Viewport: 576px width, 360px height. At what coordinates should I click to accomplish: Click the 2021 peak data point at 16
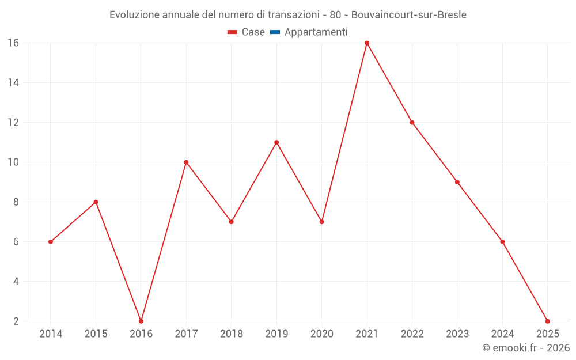coord(367,43)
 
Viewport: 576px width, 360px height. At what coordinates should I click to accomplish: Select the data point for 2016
coord(141,321)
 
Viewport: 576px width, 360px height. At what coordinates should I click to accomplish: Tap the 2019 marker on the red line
coord(276,142)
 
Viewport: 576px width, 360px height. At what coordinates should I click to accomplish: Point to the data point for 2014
coord(51,242)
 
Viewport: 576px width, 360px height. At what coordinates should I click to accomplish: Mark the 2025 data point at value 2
coord(547,321)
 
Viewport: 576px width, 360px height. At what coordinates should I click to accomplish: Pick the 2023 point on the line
coord(457,182)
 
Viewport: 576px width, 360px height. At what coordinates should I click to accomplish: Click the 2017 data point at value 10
coord(186,162)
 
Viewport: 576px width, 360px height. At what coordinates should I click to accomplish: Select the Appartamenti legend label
coord(316,32)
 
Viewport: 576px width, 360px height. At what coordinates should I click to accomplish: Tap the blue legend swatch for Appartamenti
coord(275,32)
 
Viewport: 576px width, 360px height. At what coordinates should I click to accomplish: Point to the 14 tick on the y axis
coord(13,83)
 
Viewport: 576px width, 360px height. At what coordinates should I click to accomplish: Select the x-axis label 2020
coord(321,334)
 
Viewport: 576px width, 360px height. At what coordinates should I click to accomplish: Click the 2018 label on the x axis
coord(232,334)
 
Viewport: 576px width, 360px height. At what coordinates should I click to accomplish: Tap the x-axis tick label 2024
coord(502,334)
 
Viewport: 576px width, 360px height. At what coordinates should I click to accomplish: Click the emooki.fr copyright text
coord(525,348)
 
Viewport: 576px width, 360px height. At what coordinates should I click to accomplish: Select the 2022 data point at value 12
coord(412,123)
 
